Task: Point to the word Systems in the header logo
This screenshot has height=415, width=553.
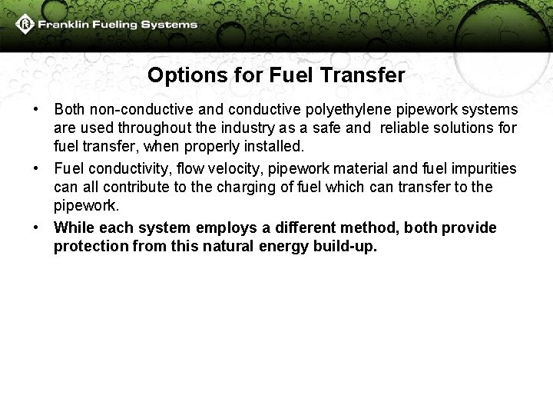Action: point(173,25)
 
